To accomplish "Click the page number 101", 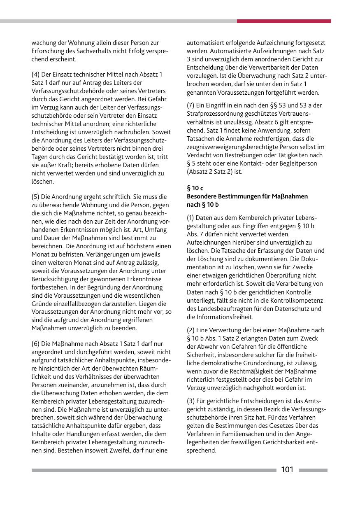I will tap(287, 470).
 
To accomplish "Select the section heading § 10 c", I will tap(195, 188).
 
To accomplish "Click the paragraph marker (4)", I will tap(36, 75).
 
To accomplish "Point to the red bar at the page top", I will tap(284, 21).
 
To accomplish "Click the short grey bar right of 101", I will tap(313, 470).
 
